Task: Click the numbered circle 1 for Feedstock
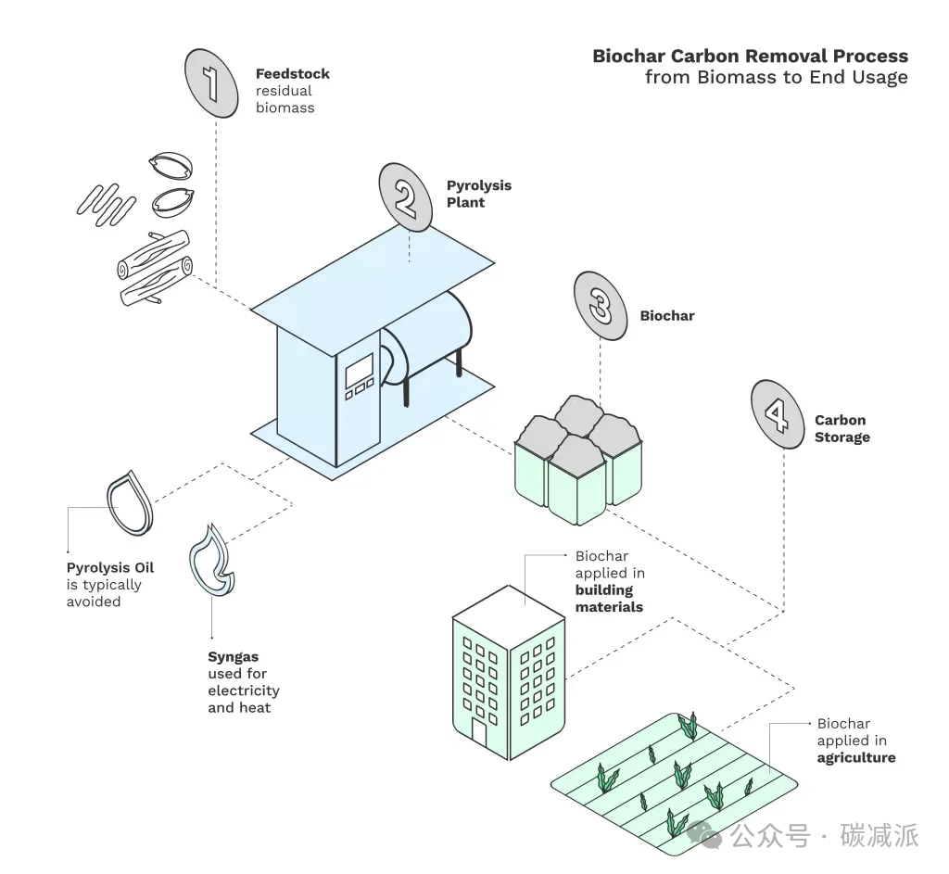212,82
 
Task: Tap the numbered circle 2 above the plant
406,196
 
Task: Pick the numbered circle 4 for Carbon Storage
777,409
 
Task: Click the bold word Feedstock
292,74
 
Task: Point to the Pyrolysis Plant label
478,194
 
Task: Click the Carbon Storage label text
841,428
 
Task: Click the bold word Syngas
233,657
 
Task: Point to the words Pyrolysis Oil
109,568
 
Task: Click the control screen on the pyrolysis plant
359,374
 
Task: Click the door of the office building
478,732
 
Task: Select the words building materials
608,599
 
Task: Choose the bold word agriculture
855,757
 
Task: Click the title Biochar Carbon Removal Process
750,57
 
